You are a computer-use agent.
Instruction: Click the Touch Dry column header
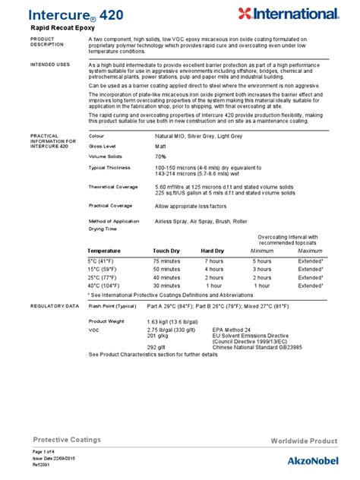[166, 250]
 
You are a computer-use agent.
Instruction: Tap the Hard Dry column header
[213, 250]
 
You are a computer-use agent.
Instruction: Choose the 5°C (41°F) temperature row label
[103, 261]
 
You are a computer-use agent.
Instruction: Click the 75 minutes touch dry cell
[166, 261]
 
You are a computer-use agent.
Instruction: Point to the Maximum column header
[310, 250]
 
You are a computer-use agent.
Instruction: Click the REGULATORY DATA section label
[54, 305]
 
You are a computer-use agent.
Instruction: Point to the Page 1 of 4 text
[45, 453]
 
